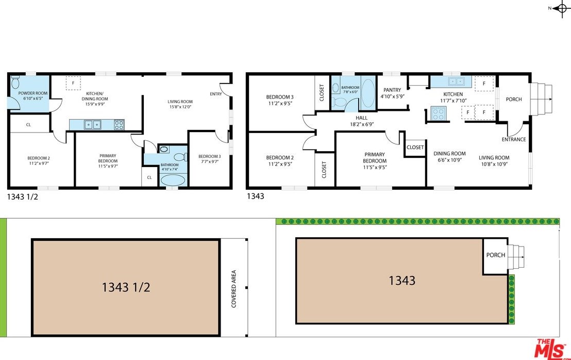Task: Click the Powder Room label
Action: pos(33,93)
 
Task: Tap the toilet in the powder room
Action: pos(15,82)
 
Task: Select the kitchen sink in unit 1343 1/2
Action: pos(93,125)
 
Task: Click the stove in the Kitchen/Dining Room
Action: pos(119,125)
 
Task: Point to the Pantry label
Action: pos(392,90)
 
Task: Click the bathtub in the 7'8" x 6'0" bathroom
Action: pos(367,92)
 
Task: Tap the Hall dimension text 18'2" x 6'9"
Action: pos(361,124)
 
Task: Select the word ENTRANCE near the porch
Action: pos(514,139)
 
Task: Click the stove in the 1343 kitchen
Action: pos(438,113)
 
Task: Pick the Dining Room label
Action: pos(449,153)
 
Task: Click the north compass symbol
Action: pos(561,8)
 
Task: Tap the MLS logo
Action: pos(550,349)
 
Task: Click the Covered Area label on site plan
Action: pos(234,289)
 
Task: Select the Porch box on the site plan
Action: pos(496,256)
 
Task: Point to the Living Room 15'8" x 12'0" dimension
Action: pos(180,107)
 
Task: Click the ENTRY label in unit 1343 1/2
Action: pos(215,94)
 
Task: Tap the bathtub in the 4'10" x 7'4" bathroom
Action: pos(173,180)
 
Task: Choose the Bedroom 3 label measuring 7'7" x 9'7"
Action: pos(210,156)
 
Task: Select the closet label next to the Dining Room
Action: pos(415,147)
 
